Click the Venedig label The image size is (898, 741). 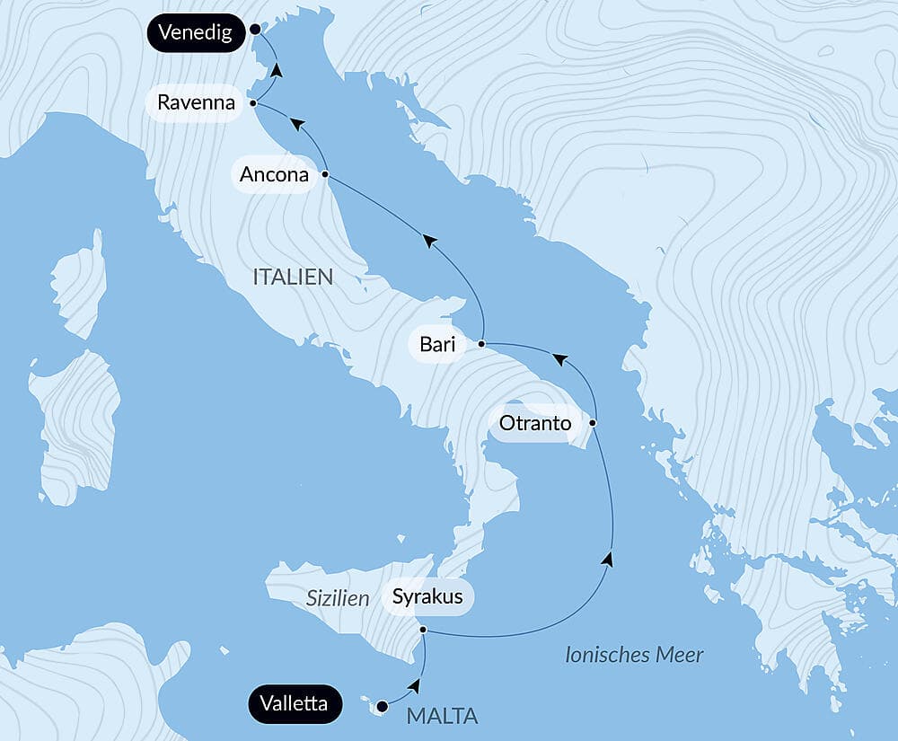point(195,33)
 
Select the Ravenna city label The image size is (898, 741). point(196,102)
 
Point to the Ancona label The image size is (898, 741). point(274,174)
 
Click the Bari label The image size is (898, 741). point(437,344)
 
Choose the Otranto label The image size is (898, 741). point(534,423)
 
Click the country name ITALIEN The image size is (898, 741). point(293,277)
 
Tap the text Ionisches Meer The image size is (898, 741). point(634,655)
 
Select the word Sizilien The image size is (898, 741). point(338,598)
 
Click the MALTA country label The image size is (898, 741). point(442,716)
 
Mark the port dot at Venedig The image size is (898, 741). point(255,30)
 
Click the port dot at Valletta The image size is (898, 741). point(383,705)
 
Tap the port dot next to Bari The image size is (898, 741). point(482,344)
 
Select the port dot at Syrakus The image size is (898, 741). point(423,631)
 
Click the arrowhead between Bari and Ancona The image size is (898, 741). point(430,240)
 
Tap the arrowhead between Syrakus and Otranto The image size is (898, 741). point(608,559)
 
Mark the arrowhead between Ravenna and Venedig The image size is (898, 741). point(277,69)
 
